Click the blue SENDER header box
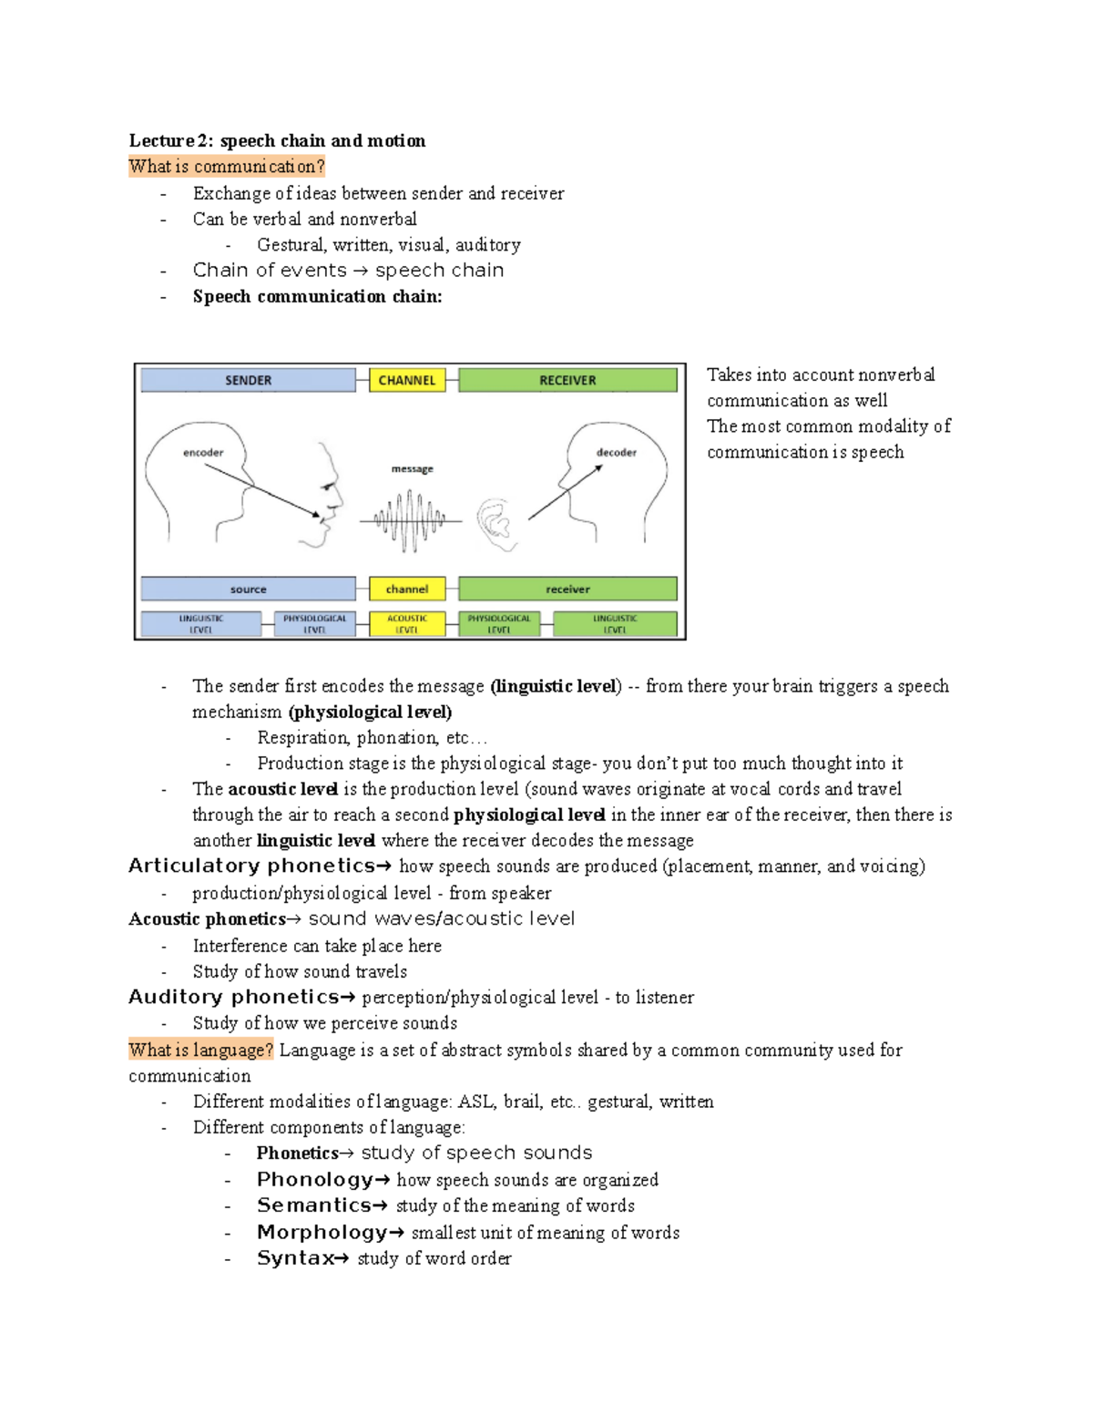(x=248, y=380)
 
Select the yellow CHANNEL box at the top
(x=406, y=380)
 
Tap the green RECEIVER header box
(x=567, y=380)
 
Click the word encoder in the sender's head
(x=203, y=452)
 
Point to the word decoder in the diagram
(x=616, y=452)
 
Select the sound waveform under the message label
(x=411, y=521)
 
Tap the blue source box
(x=248, y=589)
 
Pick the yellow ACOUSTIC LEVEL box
(x=406, y=623)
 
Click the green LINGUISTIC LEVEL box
(x=615, y=623)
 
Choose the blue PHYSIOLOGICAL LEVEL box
(x=314, y=623)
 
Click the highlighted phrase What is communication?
(x=226, y=166)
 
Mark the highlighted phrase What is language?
(x=200, y=1050)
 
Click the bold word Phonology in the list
(x=314, y=1179)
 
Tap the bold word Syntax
(x=295, y=1258)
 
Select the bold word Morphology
(x=322, y=1232)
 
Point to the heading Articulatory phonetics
(x=252, y=866)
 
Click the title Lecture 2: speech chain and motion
(x=277, y=140)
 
